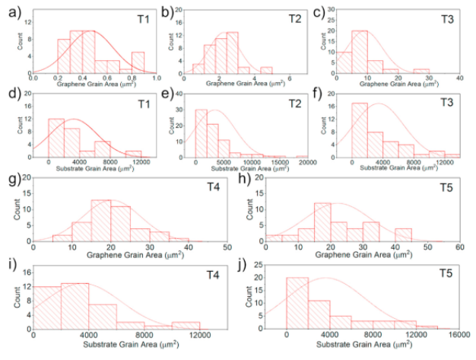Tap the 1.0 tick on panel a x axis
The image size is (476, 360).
[x=156, y=79]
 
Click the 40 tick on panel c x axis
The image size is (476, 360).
[x=460, y=79]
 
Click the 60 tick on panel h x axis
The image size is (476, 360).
[x=459, y=248]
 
